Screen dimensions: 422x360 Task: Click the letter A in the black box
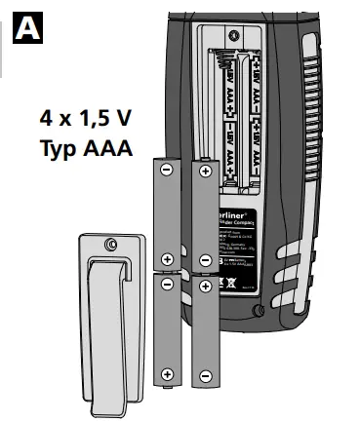(27, 26)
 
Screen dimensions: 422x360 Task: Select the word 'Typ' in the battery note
(61, 151)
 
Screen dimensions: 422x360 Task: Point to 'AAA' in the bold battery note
(111, 151)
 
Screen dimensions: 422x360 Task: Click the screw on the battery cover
(114, 243)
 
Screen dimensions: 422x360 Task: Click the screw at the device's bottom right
(257, 310)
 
